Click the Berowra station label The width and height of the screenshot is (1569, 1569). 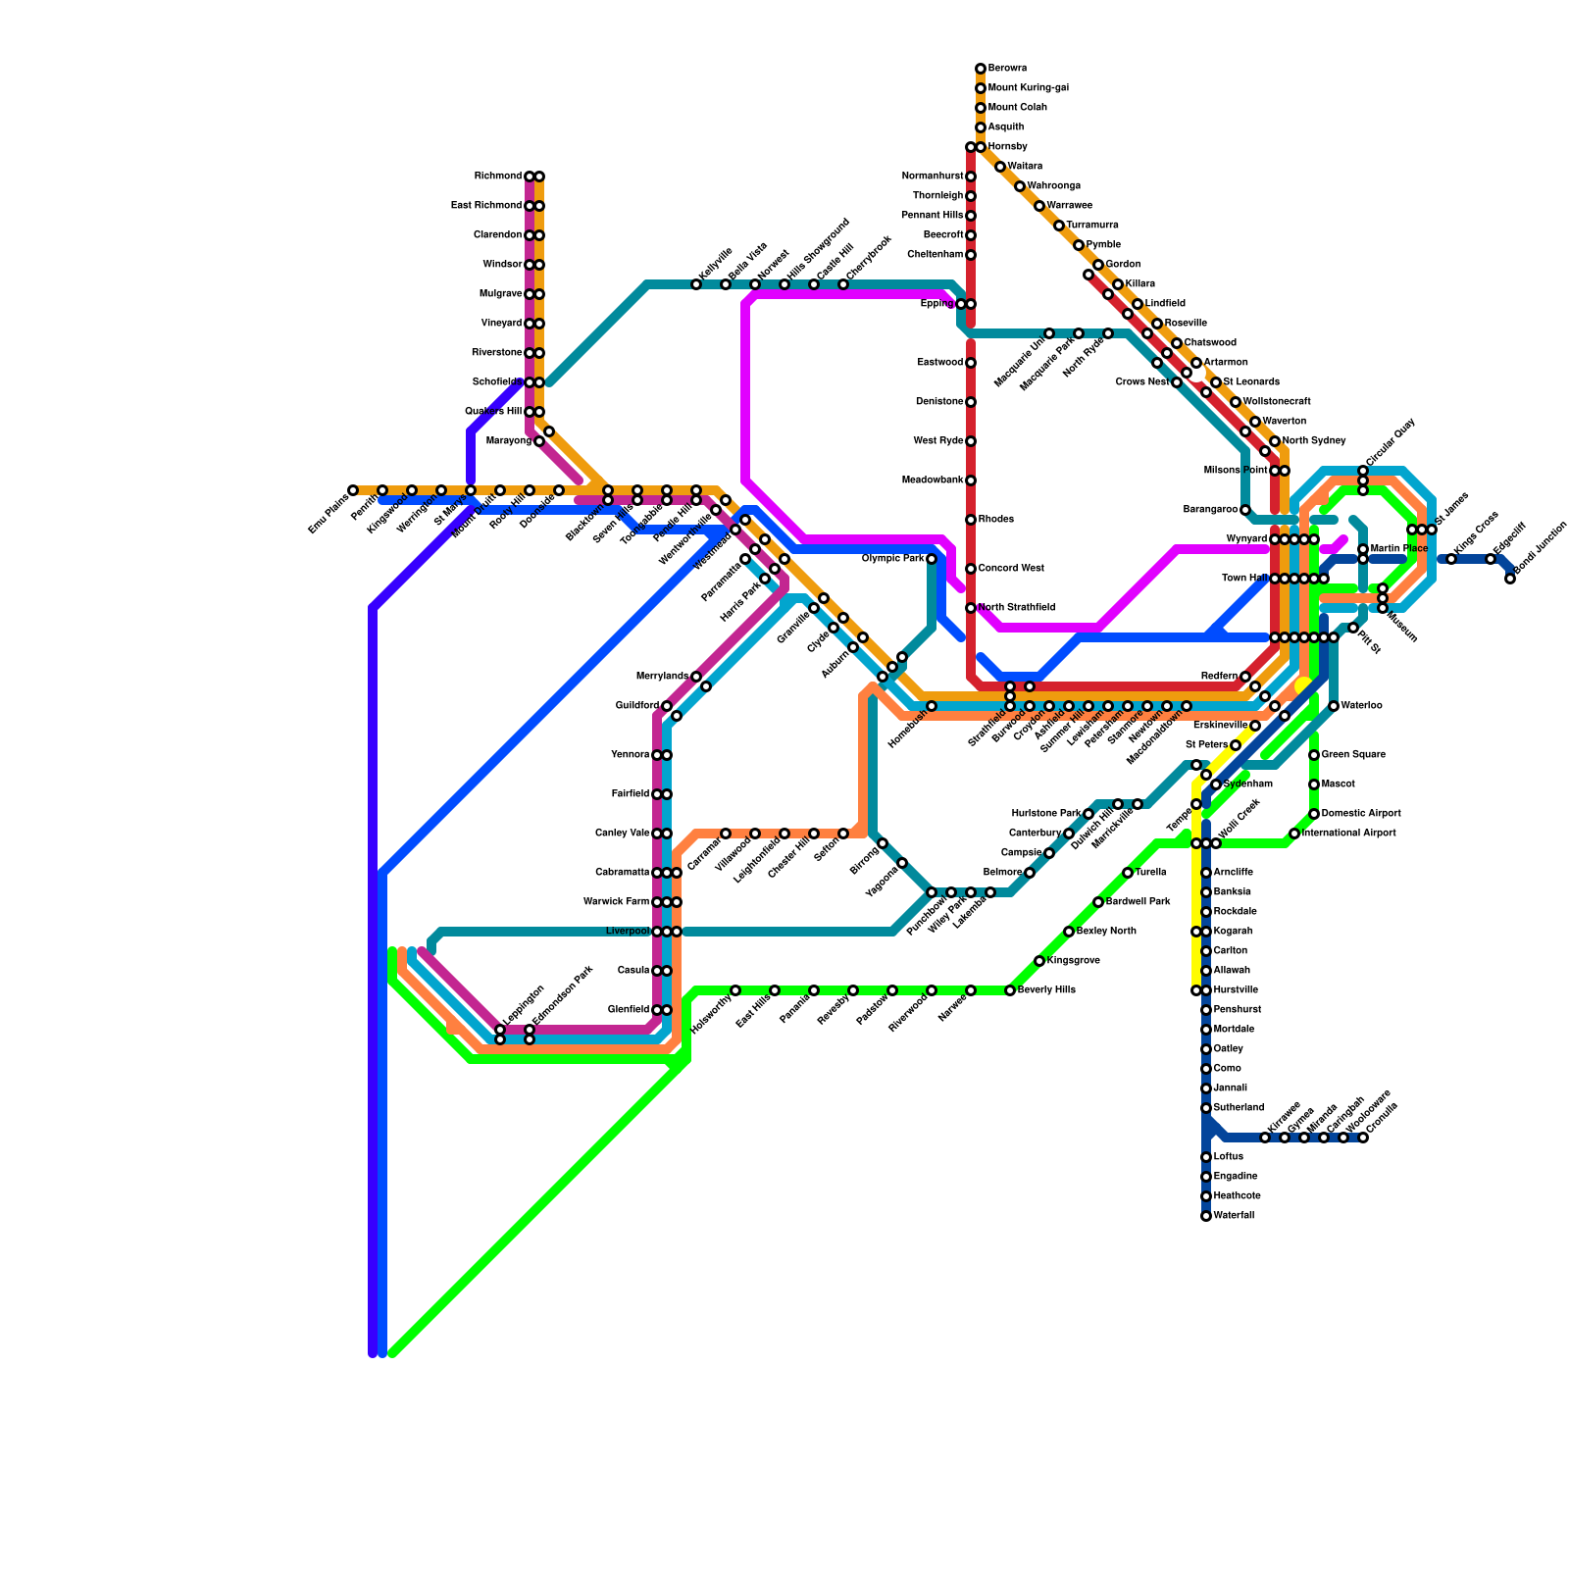pyautogui.click(x=1007, y=69)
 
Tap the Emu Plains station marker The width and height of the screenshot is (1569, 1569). pyautogui.click(x=353, y=490)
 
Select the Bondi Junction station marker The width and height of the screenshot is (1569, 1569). pyautogui.click(x=1510, y=579)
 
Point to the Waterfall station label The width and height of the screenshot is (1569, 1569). pyautogui.click(x=1234, y=1216)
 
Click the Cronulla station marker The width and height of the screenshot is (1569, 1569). pyautogui.click(x=1363, y=1138)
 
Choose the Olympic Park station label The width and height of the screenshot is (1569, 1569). pyautogui.click(x=892, y=559)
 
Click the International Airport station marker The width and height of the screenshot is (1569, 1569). pyautogui.click(x=1294, y=834)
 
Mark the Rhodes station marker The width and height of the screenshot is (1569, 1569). pyautogui.click(x=971, y=520)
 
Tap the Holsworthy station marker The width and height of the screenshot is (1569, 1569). pyautogui.click(x=735, y=990)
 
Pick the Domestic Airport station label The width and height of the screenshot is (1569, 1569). pyautogui.click(x=1361, y=814)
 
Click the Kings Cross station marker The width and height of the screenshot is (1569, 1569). pyautogui.click(x=1451, y=559)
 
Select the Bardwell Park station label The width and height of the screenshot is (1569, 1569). pyautogui.click(x=1138, y=902)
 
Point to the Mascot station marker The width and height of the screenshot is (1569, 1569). pyautogui.click(x=1314, y=784)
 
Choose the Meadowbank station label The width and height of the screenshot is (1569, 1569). pyautogui.click(x=933, y=481)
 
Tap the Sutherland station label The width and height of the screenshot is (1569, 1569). pyautogui.click(x=1239, y=1108)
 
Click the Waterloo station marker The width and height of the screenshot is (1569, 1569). pyautogui.click(x=1334, y=706)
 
